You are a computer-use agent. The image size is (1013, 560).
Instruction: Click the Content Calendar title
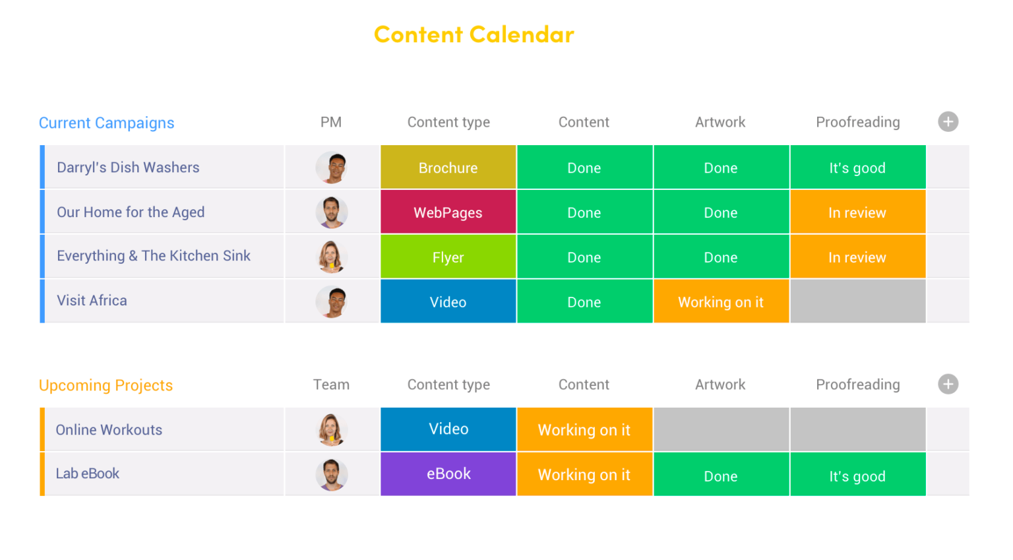pyautogui.click(x=474, y=34)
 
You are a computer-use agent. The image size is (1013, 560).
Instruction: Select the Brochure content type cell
pyautogui.click(x=448, y=168)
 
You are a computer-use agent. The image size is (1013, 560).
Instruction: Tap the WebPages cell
pyautogui.click(x=448, y=212)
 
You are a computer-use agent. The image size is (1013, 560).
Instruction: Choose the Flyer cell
pyautogui.click(x=448, y=257)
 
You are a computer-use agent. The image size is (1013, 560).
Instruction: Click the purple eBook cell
pyautogui.click(x=448, y=474)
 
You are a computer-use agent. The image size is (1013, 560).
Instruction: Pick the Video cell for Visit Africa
pyautogui.click(x=448, y=301)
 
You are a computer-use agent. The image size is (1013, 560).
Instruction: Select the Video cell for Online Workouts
pyautogui.click(x=448, y=429)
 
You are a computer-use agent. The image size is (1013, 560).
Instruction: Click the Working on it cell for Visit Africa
pyautogui.click(x=720, y=301)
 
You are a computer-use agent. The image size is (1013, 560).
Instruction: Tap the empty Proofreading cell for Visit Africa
pyautogui.click(x=857, y=301)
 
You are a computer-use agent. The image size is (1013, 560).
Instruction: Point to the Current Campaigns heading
pyautogui.click(x=106, y=123)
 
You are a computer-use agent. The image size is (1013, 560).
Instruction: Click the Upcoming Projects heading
pyautogui.click(x=106, y=385)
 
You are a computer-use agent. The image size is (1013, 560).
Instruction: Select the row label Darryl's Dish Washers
pyautogui.click(x=128, y=168)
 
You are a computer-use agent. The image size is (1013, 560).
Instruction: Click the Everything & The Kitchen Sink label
pyautogui.click(x=154, y=256)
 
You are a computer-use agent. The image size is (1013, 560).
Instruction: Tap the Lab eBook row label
pyautogui.click(x=88, y=474)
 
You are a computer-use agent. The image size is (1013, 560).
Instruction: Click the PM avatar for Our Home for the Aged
pyautogui.click(x=331, y=212)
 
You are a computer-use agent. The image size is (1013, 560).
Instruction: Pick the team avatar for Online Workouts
pyautogui.click(x=331, y=429)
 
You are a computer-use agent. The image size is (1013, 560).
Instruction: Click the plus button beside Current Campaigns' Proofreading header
pyautogui.click(x=948, y=121)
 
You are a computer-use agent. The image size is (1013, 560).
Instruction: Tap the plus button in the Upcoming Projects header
pyautogui.click(x=948, y=384)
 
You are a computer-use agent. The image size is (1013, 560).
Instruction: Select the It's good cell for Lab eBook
pyautogui.click(x=857, y=476)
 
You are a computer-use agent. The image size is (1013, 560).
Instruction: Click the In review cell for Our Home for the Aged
pyautogui.click(x=857, y=212)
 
